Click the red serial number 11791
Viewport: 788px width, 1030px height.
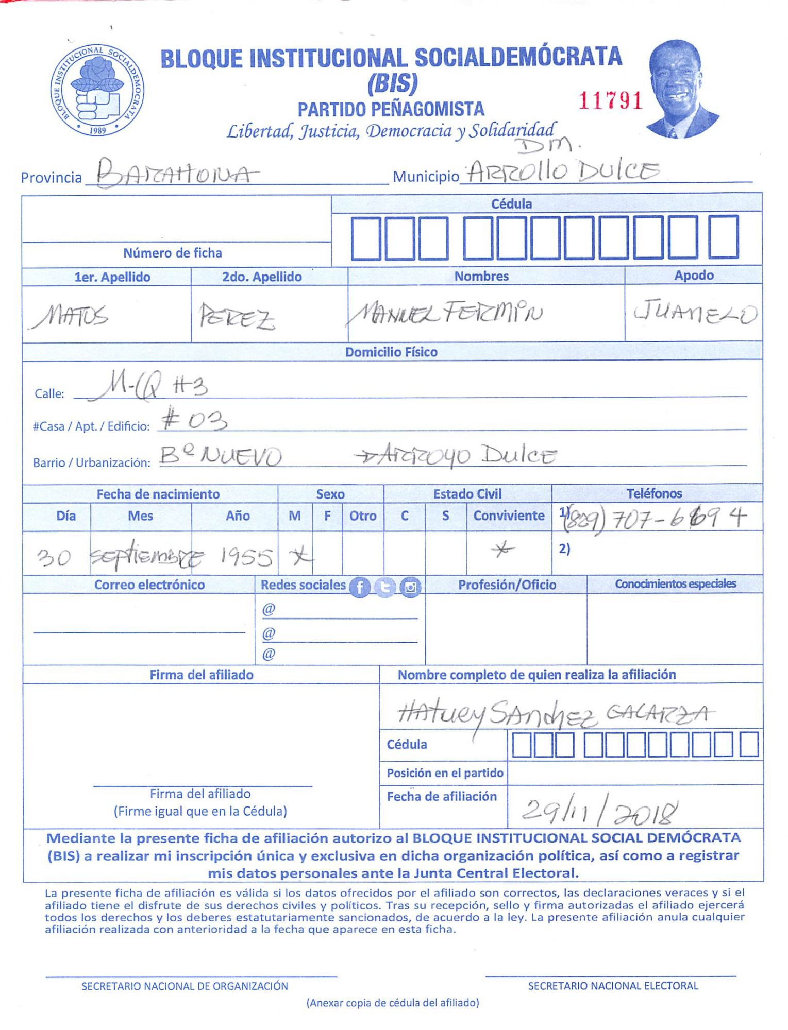610,100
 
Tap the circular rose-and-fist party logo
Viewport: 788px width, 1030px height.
97,90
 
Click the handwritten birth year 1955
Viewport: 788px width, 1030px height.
246,557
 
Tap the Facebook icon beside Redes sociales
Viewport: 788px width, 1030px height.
360,587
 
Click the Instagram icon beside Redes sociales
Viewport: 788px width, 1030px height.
410,587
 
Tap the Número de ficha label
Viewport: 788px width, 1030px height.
172,253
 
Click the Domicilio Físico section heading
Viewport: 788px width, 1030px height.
391,352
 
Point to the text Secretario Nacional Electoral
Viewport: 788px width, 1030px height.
613,986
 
